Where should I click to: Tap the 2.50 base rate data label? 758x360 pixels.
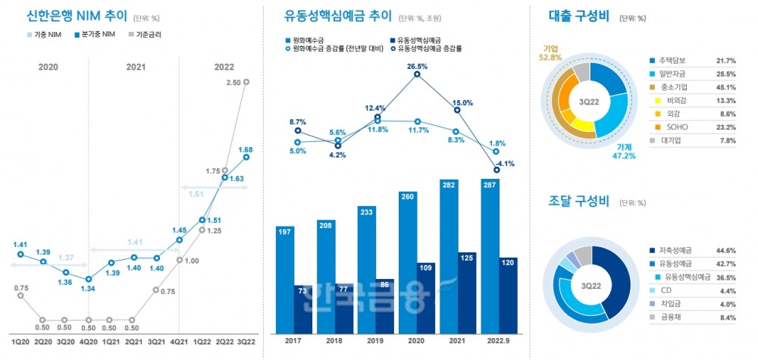pyautogui.click(x=233, y=82)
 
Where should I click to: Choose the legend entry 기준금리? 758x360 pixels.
pyautogui.click(x=148, y=34)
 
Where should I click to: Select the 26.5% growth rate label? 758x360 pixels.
pyautogui.click(x=417, y=66)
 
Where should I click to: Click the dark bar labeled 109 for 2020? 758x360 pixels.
pyautogui.click(x=426, y=299)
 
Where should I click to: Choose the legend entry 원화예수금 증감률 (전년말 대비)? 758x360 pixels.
pyautogui.click(x=340, y=49)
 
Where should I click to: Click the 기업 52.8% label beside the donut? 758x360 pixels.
pyautogui.click(x=549, y=51)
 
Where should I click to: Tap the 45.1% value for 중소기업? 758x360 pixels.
pyautogui.click(x=725, y=86)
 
